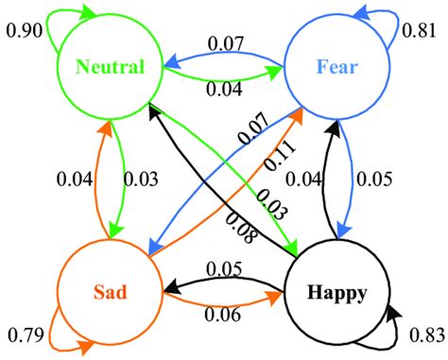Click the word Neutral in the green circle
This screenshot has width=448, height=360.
[x=112, y=67]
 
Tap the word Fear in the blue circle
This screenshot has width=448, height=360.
[x=336, y=67]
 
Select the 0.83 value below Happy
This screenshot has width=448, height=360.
[x=426, y=334]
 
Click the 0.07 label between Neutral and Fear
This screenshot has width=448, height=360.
[x=224, y=42]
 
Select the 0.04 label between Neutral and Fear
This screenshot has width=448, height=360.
[x=224, y=90]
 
